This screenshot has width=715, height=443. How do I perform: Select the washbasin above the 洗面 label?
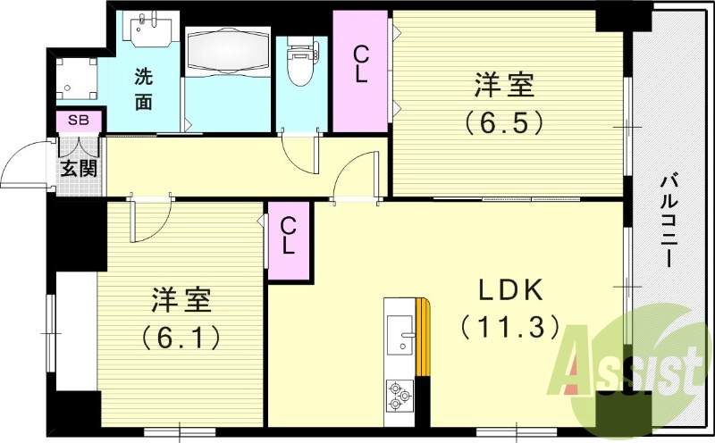click(x=148, y=30)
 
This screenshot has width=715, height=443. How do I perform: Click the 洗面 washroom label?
click(x=144, y=88)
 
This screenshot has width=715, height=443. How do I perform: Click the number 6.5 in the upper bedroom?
click(x=505, y=120)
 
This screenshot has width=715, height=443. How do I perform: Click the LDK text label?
click(x=512, y=293)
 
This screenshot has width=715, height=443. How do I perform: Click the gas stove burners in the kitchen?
click(x=399, y=392)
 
